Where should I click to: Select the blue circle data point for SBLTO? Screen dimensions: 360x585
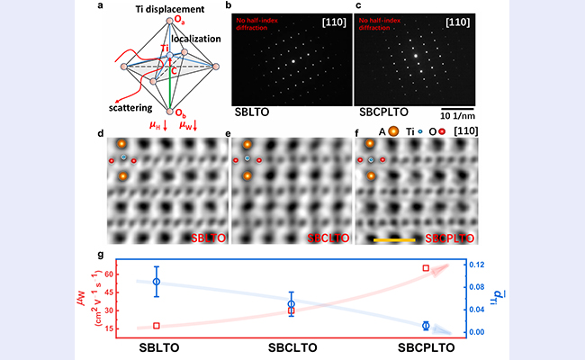[157, 283]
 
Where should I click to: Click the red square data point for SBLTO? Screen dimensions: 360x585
[157, 326]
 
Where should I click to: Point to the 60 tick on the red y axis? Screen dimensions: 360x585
[123, 273]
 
